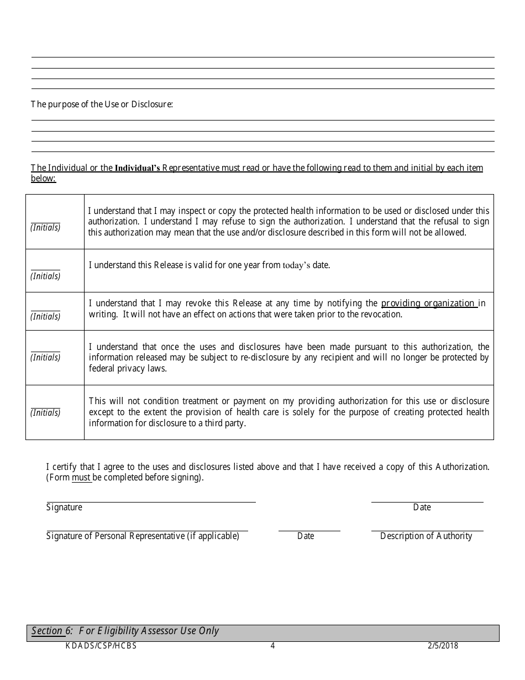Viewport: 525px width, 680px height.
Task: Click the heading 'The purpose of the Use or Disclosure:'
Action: (102, 104)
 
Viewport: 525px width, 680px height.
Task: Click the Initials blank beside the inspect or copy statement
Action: (45, 221)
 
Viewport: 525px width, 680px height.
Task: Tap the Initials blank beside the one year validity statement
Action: (45, 270)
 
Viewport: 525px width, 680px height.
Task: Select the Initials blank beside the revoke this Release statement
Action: (45, 310)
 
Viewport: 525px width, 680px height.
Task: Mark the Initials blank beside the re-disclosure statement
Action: (45, 351)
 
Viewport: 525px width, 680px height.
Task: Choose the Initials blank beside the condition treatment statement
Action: (45, 406)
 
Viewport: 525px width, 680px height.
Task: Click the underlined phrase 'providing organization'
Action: (428, 303)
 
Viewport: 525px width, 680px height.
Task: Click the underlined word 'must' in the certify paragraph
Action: (81, 478)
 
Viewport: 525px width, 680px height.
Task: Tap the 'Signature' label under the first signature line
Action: (64, 508)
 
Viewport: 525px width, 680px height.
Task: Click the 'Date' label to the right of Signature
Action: (422, 508)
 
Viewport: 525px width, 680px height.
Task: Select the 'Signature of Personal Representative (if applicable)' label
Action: (143, 536)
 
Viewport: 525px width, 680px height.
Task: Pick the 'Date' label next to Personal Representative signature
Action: (306, 536)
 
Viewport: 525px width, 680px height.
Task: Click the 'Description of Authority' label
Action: (426, 536)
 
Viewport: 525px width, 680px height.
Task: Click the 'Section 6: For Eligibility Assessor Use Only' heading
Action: (125, 631)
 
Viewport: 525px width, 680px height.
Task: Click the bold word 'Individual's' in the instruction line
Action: (137, 169)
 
